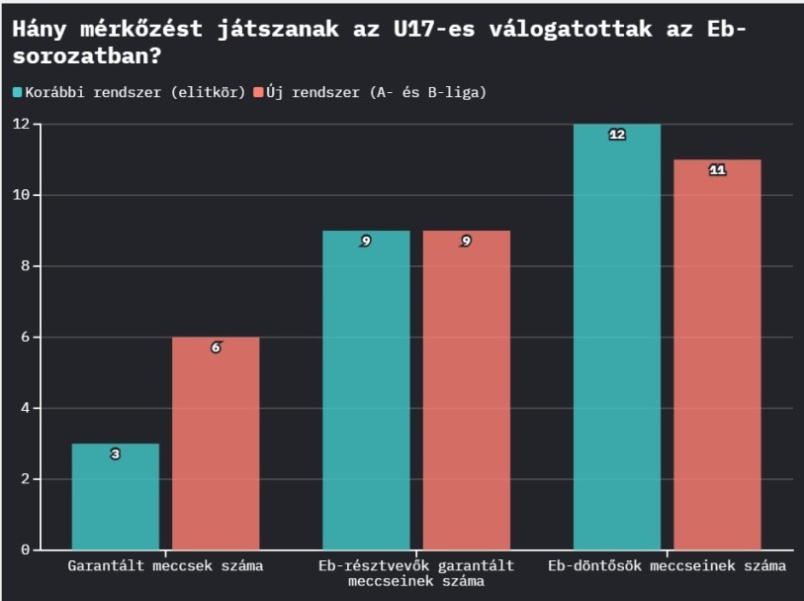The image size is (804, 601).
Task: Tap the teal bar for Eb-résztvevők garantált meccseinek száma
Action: point(366,390)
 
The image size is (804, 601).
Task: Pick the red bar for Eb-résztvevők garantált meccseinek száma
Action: point(466,390)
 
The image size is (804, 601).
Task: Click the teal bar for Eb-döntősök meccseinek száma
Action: point(617,337)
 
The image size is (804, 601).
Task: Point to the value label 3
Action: point(115,454)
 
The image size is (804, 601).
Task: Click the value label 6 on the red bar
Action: point(216,348)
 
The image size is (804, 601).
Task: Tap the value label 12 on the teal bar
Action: point(617,135)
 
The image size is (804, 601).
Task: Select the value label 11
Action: point(717,170)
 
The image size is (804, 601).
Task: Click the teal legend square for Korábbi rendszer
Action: point(18,92)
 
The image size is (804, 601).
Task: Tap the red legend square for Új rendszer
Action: point(259,92)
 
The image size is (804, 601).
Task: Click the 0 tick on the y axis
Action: point(25,550)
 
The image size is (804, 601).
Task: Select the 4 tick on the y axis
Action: point(25,408)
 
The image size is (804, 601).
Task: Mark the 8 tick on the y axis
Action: point(25,266)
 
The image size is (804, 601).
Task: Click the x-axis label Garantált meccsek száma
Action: point(165,566)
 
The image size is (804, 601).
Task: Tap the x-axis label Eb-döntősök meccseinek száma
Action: point(667,566)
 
